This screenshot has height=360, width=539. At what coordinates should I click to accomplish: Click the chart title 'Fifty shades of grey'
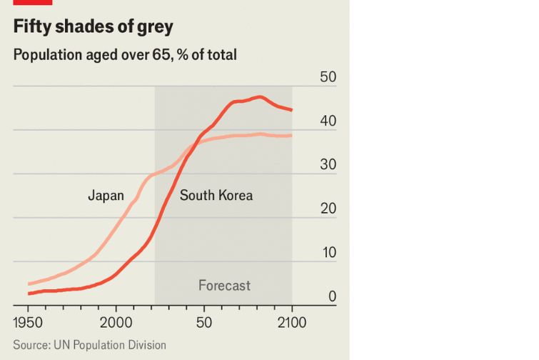94,28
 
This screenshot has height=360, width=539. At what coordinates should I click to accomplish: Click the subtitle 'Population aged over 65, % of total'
125,54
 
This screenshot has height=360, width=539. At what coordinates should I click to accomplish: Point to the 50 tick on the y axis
327,77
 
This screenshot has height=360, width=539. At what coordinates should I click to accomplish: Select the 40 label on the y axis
327,121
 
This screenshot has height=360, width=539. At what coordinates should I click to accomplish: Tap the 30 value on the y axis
327,165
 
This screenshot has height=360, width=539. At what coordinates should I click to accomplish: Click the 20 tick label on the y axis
327,209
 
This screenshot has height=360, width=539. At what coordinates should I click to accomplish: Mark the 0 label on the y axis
331,296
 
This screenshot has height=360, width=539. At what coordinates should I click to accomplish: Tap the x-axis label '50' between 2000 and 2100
204,323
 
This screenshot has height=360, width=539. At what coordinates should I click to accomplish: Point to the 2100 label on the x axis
291,323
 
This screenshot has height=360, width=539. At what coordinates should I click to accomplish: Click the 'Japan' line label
106,195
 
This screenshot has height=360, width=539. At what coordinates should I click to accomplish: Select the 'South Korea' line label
216,195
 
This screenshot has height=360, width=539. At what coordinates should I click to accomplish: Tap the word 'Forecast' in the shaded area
224,286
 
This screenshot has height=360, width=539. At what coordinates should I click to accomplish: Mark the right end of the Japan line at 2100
291,136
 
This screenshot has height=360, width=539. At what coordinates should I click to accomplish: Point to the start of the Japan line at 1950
29,284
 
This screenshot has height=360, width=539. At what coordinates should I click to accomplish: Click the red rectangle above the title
32,2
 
